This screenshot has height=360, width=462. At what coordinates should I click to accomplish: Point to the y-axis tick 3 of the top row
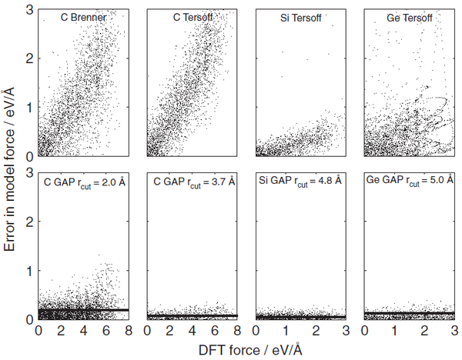click(28, 8)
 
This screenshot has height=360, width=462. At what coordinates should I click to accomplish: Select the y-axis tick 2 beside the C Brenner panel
click(28, 58)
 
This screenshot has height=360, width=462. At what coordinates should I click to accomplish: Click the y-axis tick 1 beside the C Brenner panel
click(28, 107)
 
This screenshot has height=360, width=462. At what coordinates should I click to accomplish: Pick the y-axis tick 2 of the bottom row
click(28, 222)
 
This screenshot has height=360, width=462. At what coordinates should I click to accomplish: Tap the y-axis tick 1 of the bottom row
click(28, 271)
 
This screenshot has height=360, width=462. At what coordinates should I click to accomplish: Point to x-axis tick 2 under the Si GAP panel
click(316, 332)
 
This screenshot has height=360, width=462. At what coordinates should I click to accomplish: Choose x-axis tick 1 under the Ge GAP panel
click(393, 332)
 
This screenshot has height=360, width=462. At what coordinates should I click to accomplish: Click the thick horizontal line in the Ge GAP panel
click(408, 313)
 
